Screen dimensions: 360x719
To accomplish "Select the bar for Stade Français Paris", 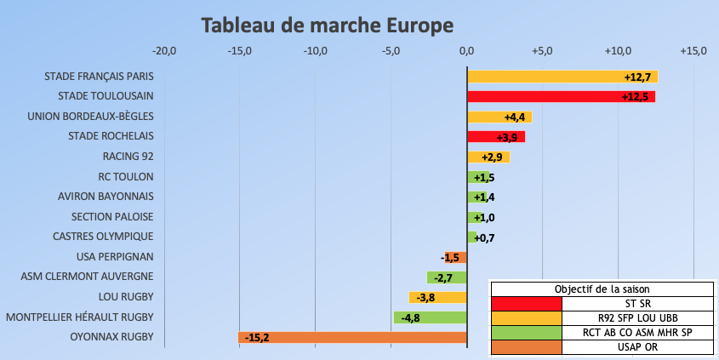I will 562,77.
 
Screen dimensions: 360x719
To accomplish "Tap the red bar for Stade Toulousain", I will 561,97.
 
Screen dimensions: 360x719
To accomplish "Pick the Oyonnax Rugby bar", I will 352,338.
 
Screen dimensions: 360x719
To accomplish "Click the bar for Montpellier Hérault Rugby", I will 430,317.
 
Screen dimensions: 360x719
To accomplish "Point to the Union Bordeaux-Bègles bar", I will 499,117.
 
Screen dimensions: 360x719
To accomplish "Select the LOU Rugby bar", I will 437,297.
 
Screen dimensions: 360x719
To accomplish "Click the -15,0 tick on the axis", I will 239,51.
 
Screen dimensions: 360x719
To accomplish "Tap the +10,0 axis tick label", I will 618,51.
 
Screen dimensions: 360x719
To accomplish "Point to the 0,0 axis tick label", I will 466,51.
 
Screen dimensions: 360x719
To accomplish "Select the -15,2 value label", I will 257,338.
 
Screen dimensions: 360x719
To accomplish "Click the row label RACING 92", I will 128,157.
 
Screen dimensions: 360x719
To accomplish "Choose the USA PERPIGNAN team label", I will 115,256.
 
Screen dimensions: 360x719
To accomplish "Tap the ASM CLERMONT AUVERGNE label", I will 87,277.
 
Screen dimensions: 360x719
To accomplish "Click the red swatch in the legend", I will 526,303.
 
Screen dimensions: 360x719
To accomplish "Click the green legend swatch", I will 526,332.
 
